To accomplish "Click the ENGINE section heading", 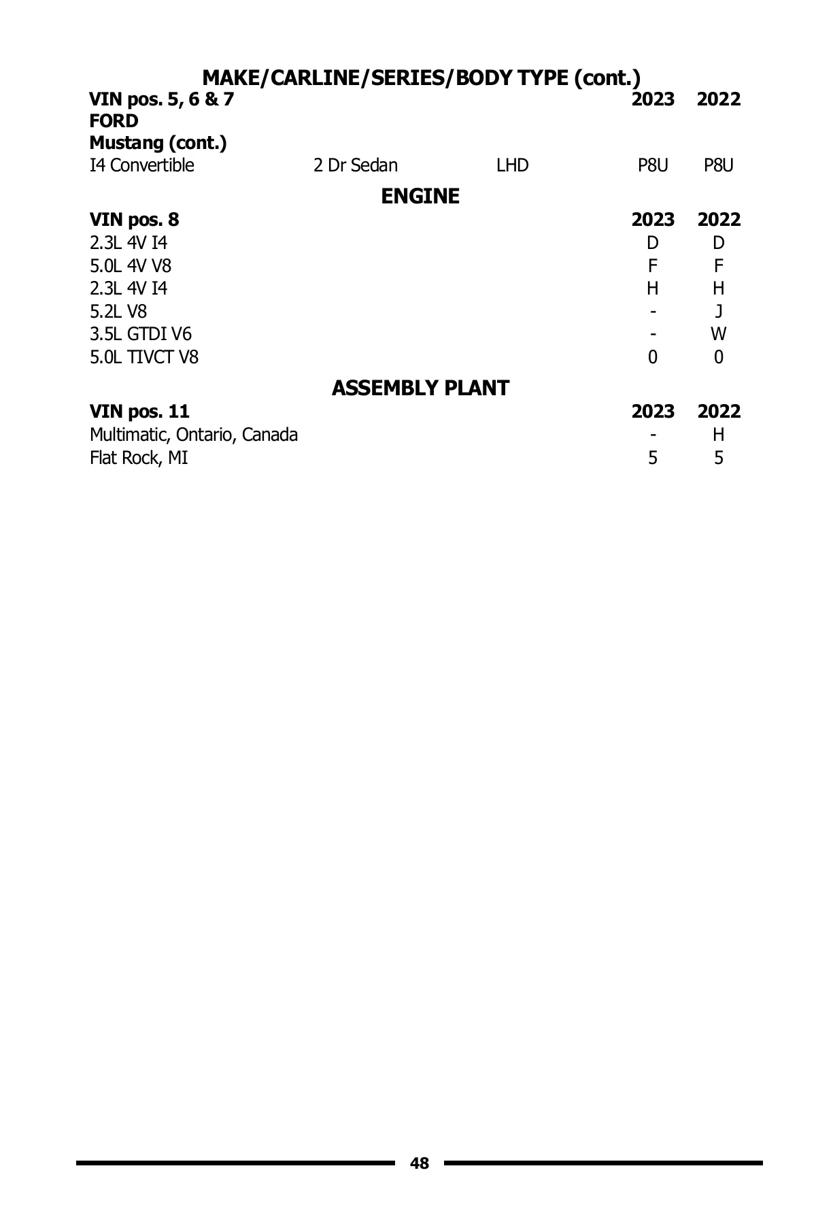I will (420, 197).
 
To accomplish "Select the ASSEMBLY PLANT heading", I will (420, 388).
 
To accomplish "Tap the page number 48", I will (420, 1163).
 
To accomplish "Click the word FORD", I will (114, 121).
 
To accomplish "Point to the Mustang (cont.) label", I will (158, 144).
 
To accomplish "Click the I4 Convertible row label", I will (141, 165).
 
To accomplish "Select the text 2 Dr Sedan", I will (355, 165).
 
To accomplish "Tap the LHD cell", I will (512, 165).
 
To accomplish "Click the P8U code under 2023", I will (652, 165).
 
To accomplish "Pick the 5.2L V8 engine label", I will (118, 312).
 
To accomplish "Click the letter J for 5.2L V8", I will (718, 312).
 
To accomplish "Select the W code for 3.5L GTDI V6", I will (718, 334).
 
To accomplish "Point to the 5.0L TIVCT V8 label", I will (144, 357).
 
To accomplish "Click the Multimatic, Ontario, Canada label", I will (193, 435).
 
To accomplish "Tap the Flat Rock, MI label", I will (139, 458).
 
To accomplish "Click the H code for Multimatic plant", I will (718, 435).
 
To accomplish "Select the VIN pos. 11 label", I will (139, 412).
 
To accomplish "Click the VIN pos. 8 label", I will (134, 220).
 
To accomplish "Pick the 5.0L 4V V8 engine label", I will (131, 265).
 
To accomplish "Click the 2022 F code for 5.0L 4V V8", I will (718, 265).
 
